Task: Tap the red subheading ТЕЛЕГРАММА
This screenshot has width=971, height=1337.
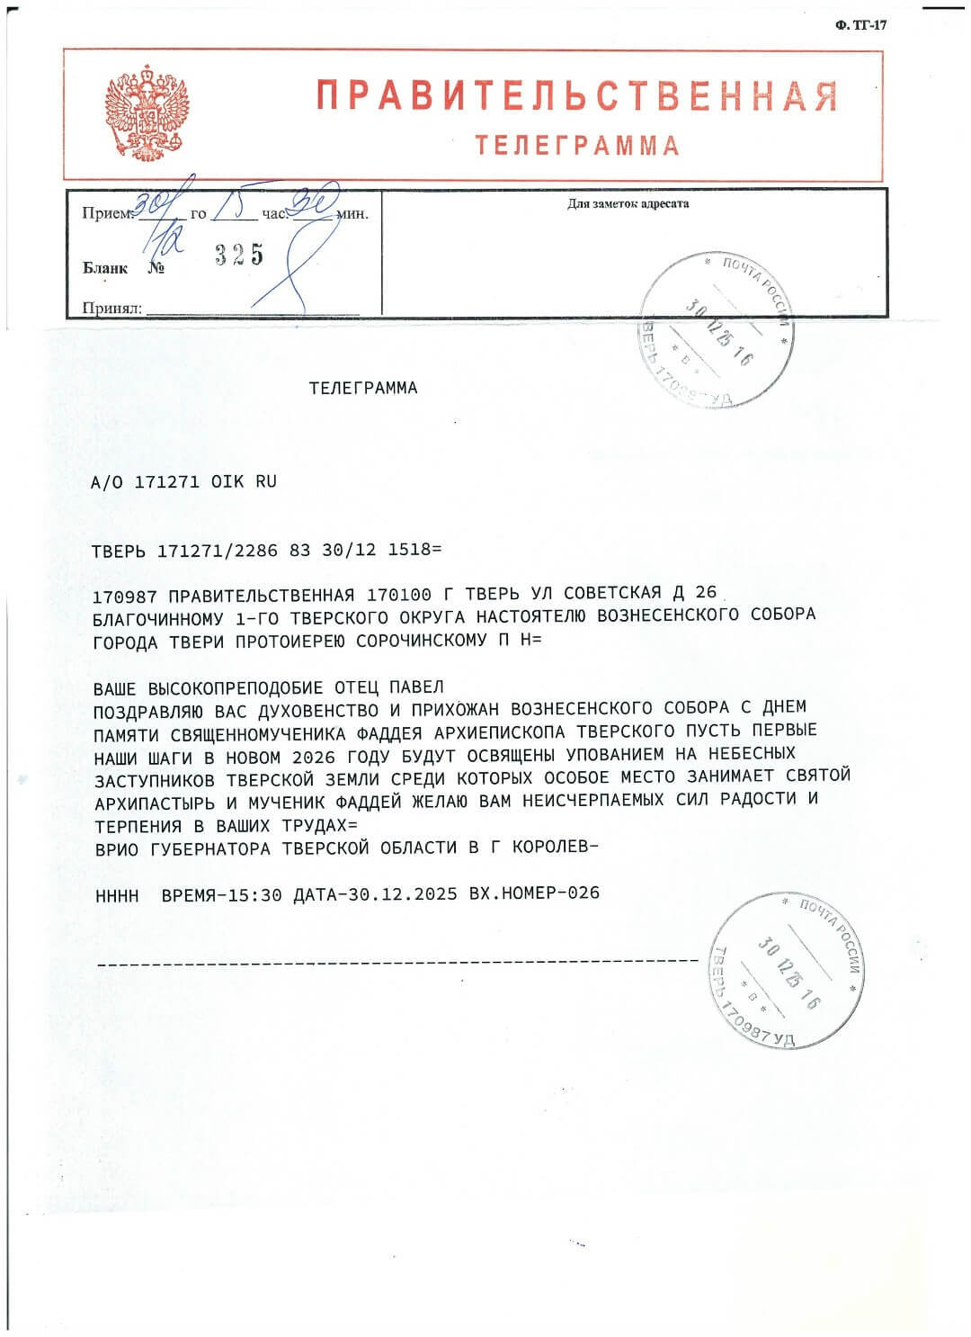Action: point(576,146)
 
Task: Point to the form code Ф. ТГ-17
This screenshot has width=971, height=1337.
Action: point(860,25)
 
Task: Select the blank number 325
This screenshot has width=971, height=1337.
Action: point(239,256)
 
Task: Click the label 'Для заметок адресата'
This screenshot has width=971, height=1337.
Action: point(628,204)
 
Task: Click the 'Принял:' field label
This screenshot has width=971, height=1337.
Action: point(112,308)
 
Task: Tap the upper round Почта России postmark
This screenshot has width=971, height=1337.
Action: point(717,329)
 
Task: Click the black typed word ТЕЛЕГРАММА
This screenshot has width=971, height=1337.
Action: point(363,389)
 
